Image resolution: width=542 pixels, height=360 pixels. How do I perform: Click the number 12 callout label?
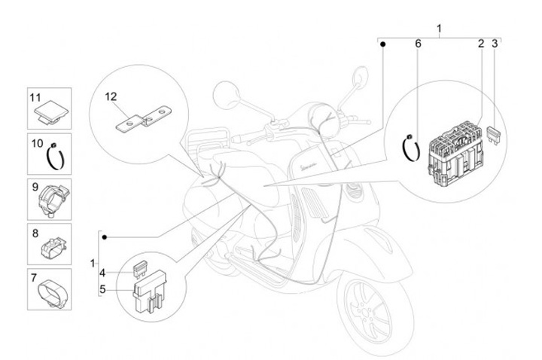[x=132, y=96]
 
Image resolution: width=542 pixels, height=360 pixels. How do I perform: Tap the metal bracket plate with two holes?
[x=144, y=120]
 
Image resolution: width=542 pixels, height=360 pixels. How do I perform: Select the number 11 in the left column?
[x=35, y=97]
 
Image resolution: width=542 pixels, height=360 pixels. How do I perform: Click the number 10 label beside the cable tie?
[x=35, y=142]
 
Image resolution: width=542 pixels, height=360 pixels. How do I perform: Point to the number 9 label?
[x=35, y=187]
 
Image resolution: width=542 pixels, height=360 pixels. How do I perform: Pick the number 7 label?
[x=35, y=278]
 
